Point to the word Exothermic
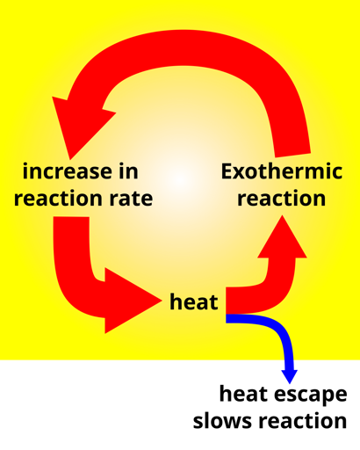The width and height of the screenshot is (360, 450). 282,171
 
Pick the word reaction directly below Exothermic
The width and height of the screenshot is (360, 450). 282,199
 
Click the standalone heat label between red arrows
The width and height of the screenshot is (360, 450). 194,302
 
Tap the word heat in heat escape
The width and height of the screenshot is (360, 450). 244,394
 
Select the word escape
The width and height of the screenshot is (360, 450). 311,396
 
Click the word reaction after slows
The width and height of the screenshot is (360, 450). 303,421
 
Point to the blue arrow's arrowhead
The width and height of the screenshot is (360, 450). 290,376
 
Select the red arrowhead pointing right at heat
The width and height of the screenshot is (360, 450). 133,301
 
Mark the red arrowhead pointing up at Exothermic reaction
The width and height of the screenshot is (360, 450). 282,236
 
